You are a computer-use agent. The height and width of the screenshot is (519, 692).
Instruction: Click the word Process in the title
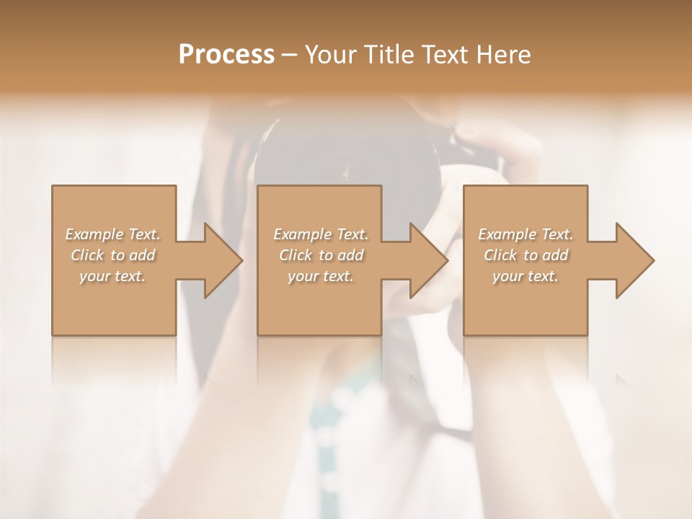(x=226, y=55)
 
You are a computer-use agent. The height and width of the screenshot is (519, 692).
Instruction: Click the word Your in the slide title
(x=329, y=55)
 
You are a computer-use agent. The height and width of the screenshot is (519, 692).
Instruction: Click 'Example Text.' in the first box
(x=113, y=234)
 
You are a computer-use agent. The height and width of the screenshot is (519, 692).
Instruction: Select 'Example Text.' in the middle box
(x=321, y=234)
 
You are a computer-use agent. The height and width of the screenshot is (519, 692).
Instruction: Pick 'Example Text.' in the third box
(x=525, y=234)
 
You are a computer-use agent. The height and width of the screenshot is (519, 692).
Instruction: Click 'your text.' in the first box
(x=112, y=276)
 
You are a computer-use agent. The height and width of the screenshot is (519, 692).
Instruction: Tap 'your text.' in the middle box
(x=321, y=276)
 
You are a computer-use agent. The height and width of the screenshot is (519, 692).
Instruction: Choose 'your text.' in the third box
(x=525, y=276)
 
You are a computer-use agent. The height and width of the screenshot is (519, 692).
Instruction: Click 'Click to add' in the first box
(x=113, y=255)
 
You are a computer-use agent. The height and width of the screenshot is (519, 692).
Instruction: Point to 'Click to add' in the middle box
(x=321, y=255)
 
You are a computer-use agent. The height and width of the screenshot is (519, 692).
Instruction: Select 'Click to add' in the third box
(x=525, y=255)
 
